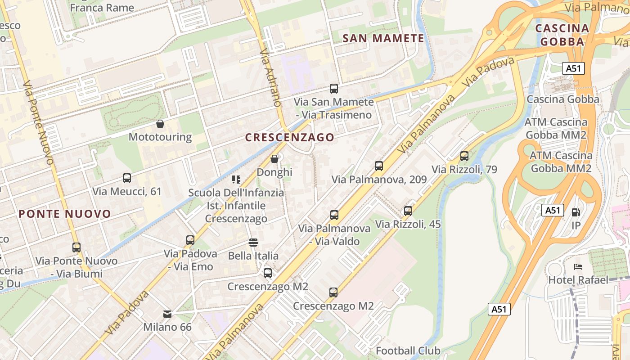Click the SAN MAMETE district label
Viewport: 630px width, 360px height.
coord(383,38)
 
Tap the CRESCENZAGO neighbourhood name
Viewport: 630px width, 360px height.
coord(290,137)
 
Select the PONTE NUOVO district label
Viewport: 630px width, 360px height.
coord(65,214)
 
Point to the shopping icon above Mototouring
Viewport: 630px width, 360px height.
coord(160,123)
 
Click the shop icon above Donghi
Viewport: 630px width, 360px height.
coord(274,159)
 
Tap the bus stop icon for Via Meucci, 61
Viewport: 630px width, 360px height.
coord(127,178)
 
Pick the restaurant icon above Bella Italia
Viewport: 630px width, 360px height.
coord(253,243)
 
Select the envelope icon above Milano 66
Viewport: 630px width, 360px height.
coord(167,314)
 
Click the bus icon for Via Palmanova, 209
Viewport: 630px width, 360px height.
coord(379,166)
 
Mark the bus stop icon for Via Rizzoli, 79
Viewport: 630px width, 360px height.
coord(464,156)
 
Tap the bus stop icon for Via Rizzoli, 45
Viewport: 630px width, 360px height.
coord(408,211)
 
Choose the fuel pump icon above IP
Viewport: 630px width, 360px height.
coord(576,212)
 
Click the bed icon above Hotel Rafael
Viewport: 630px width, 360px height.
coord(578,267)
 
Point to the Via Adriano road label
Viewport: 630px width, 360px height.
coord(270,77)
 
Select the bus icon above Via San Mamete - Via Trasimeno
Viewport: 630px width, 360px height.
coord(333,89)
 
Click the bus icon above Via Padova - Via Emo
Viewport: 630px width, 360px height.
coord(190,240)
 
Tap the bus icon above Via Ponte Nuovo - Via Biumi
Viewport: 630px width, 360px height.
coord(76,247)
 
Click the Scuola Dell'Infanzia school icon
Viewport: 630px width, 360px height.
coord(236,180)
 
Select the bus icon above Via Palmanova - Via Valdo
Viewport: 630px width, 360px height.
coord(334,215)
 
